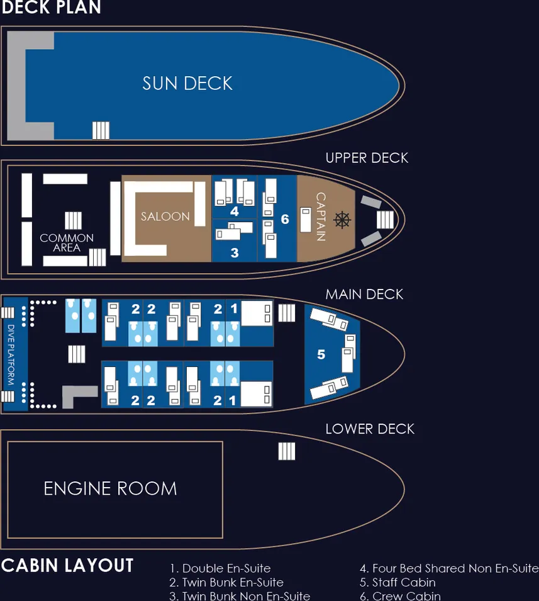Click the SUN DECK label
[187, 83]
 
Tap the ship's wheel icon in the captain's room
[342, 219]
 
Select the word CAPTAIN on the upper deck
[321, 217]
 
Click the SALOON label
[165, 216]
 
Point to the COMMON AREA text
[67, 243]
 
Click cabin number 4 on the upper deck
[235, 211]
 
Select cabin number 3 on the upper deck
[235, 253]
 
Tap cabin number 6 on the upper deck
[285, 219]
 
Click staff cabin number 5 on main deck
[321, 355]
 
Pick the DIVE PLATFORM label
[11, 354]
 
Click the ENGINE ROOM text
[110, 488]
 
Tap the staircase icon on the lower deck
[287, 451]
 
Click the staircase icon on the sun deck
[101, 130]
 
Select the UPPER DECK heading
[367, 158]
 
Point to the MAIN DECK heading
[364, 295]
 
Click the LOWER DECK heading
[370, 429]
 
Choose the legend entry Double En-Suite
[220, 569]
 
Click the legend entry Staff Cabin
[397, 582]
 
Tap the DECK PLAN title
[51, 8]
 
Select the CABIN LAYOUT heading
[67, 565]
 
